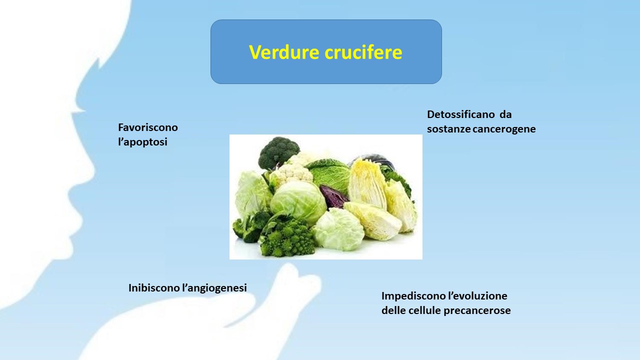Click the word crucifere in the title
point(363,52)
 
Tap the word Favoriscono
point(148,127)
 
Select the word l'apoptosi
point(142,142)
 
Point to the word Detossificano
point(461,114)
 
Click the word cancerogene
point(504,129)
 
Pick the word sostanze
point(448,129)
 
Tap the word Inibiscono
point(154,287)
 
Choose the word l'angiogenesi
point(214,288)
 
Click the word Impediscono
point(413,296)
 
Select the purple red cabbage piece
point(333,196)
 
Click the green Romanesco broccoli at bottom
point(286,237)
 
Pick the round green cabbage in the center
point(298,201)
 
